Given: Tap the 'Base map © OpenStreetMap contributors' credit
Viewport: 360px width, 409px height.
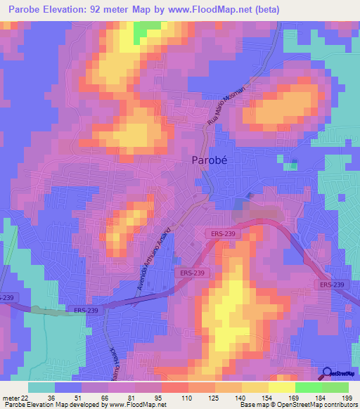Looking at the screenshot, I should [297, 405].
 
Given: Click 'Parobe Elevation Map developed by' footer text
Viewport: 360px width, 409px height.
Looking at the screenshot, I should [53, 405].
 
